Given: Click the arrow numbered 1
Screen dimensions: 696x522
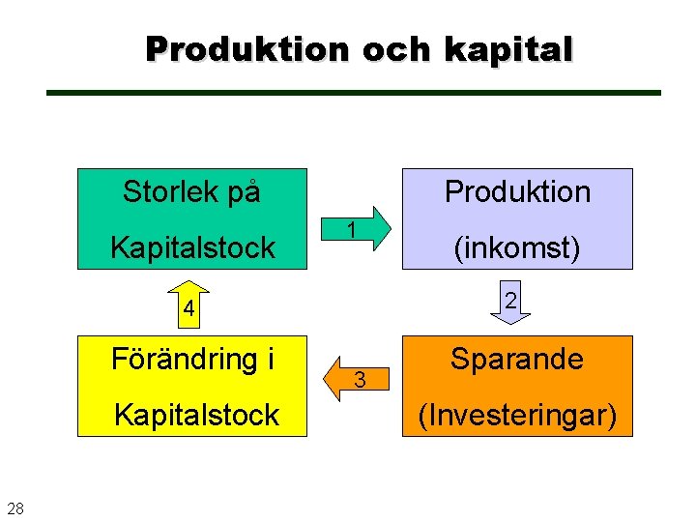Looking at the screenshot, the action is (x=358, y=230).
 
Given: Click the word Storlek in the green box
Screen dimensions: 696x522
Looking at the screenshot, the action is (x=171, y=192).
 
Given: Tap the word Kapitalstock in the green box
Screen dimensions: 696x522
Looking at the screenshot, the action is (x=192, y=248).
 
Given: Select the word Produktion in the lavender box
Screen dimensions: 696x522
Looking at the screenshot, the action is (x=517, y=192).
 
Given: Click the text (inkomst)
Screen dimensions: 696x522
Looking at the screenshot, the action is (x=517, y=248).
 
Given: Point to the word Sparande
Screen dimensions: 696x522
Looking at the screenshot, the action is (x=517, y=360).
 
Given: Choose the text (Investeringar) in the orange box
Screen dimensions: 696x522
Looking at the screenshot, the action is (x=517, y=416).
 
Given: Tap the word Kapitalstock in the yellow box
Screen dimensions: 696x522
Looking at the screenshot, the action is (x=196, y=416).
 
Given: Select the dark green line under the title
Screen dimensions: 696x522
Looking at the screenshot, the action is (x=354, y=93).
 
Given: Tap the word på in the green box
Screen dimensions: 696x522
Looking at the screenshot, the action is (x=245, y=192).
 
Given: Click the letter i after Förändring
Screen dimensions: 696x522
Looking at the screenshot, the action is (x=272, y=360).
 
